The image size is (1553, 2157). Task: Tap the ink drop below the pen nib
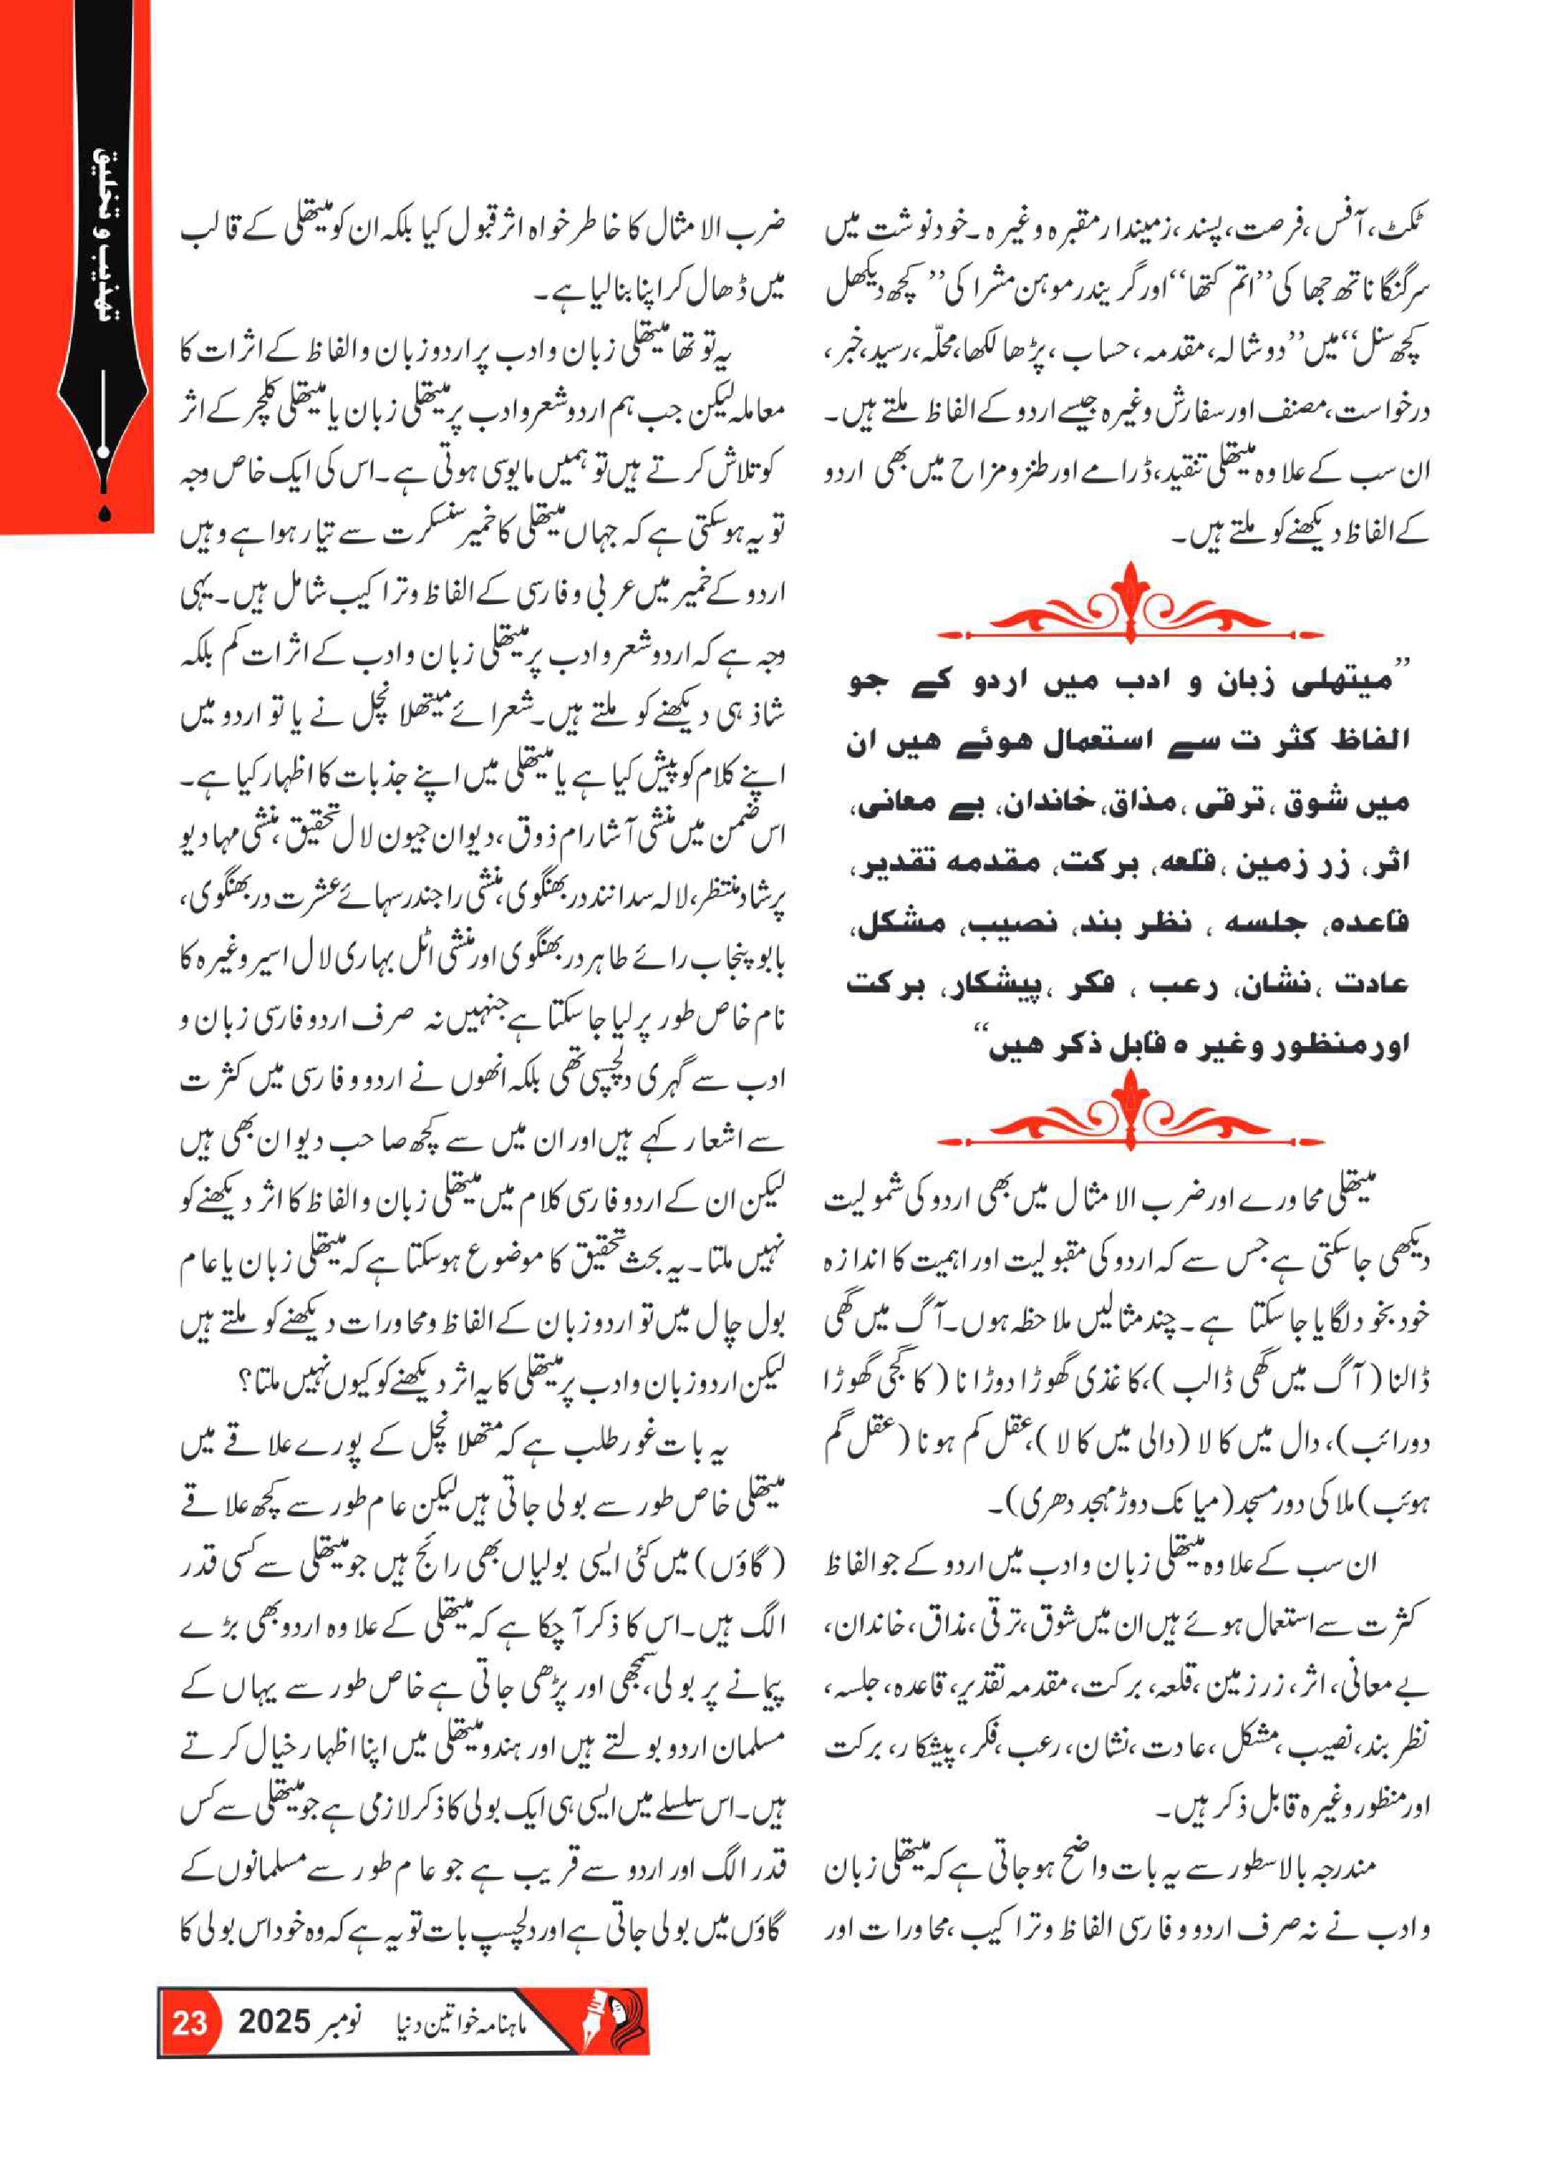pyautogui.click(x=104, y=512)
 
